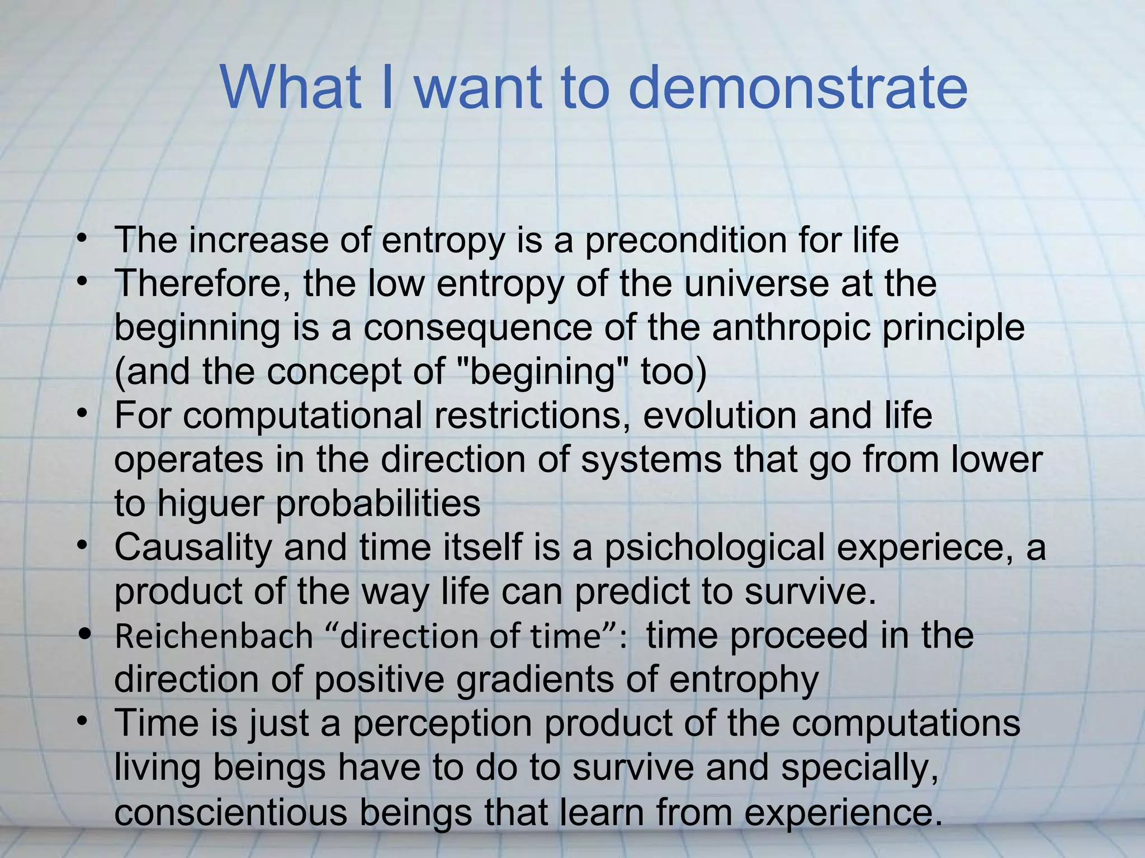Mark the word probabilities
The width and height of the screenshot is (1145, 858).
click(378, 503)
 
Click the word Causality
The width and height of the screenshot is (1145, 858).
click(193, 547)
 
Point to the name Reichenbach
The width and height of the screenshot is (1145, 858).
click(214, 637)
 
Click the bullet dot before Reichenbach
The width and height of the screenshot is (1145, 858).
click(84, 635)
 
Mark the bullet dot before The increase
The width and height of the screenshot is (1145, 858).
click(83, 239)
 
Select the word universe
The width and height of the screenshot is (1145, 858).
click(756, 284)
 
